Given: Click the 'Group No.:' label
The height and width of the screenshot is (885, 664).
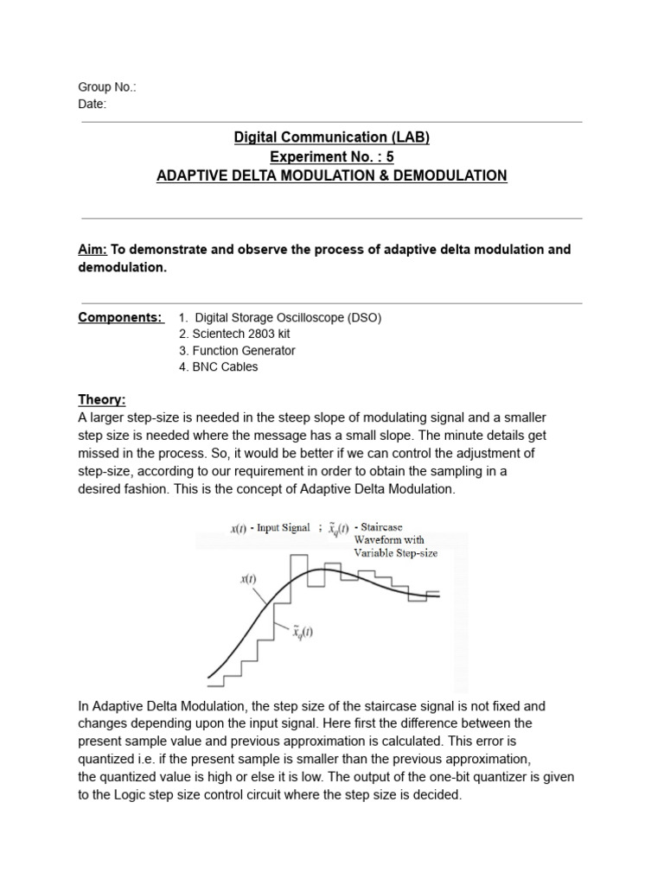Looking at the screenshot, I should coord(107,87).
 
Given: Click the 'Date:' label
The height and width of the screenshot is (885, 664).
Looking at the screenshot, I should coord(93,104).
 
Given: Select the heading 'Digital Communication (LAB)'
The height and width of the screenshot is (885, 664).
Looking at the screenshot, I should coord(331,137).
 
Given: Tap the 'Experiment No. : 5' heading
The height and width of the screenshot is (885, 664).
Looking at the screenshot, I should coord(331,156).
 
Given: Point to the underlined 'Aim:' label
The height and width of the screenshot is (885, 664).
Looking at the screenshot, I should coord(92,250).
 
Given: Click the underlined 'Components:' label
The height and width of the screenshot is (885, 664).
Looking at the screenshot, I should coord(120,317).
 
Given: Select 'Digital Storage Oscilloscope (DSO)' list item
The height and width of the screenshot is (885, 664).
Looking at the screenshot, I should coord(279,317).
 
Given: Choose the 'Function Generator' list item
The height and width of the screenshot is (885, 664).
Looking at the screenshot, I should coord(237,350).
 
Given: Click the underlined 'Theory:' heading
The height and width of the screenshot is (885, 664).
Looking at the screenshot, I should coord(102,399).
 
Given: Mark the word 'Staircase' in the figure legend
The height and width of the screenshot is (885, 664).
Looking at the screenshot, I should coord(380,526).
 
